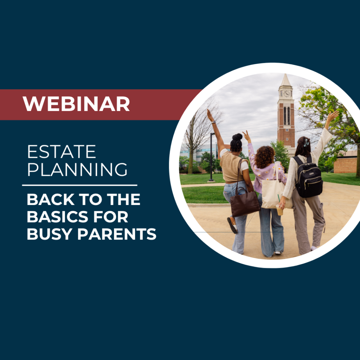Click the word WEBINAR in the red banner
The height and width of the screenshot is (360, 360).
pos(76,104)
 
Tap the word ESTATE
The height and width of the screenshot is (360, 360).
pos(62,152)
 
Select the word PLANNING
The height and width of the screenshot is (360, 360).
pos(77,169)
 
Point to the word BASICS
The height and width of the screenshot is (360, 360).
pos(57,217)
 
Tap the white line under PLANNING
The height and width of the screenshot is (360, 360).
pos(80,185)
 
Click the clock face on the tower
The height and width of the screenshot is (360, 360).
pos(287,94)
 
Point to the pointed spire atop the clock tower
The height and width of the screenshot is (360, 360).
pos(285,81)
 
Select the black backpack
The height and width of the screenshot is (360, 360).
pos(308,177)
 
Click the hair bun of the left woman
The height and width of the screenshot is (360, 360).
pos(237,137)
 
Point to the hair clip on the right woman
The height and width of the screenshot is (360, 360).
pos(306,143)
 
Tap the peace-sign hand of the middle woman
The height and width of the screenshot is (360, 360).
pos(246,136)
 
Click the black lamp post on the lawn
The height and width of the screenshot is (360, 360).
pos(211,157)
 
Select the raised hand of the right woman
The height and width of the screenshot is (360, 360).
pos(332,116)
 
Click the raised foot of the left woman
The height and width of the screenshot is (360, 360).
pos(232,225)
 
